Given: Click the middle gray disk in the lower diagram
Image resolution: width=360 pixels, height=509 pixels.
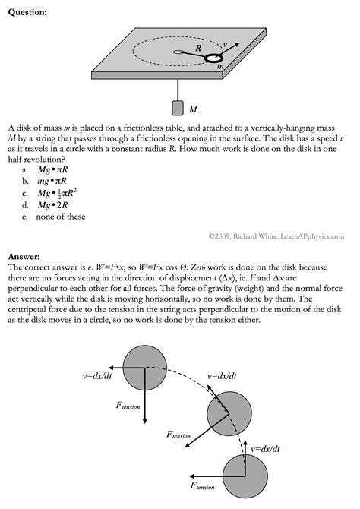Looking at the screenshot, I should [x=227, y=414].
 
